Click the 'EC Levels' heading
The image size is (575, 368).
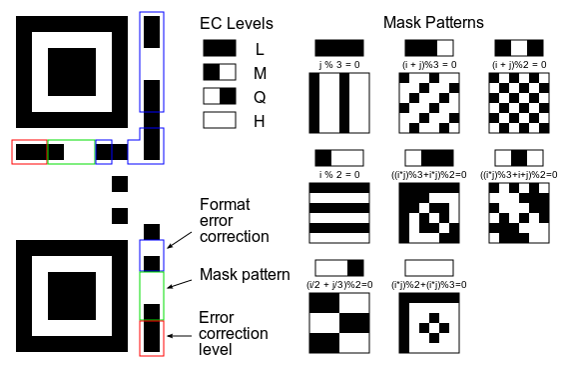click(x=237, y=23)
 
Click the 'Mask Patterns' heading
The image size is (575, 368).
click(x=434, y=21)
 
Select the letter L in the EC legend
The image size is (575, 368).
click(x=260, y=48)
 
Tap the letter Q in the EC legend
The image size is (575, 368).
click(x=260, y=97)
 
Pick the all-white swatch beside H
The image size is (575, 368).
click(x=220, y=120)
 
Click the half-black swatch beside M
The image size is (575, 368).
click(x=220, y=72)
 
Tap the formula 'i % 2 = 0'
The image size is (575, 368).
click(x=340, y=173)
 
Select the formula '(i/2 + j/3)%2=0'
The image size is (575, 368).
click(x=340, y=284)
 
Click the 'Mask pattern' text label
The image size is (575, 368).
click(x=245, y=275)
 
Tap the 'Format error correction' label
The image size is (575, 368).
click(x=235, y=220)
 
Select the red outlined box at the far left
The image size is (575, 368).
click(x=29, y=152)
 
